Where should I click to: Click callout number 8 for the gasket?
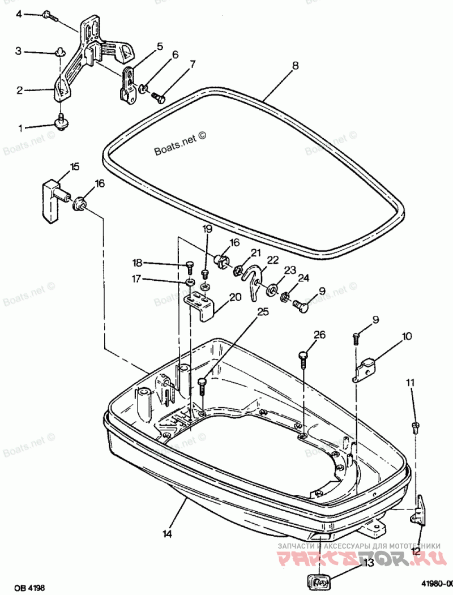coord(295,66)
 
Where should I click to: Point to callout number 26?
coord(320,335)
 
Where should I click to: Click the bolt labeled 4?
coord(49,15)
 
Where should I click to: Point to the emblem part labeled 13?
coord(319,581)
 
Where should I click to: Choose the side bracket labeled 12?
coord(421,510)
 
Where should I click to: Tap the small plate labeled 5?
coord(130,85)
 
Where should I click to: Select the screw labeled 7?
coord(158,99)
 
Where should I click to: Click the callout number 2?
coord(19,90)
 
